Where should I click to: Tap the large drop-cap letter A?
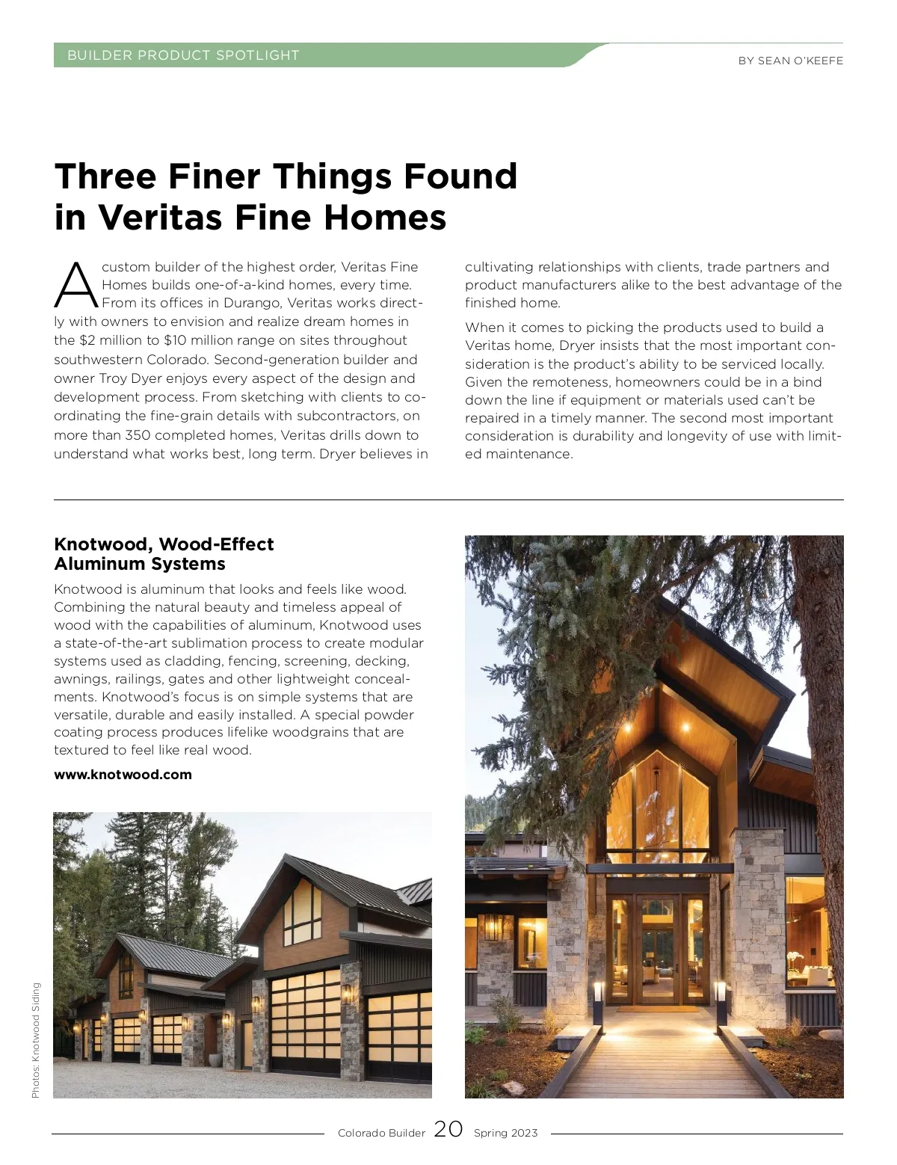pyautogui.click(x=75, y=286)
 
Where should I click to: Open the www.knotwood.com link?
pyautogui.click(x=123, y=775)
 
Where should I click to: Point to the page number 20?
pyautogui.click(x=449, y=1129)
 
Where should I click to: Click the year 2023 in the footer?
pyautogui.click(x=524, y=1133)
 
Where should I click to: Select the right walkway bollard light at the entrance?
pyautogui.click(x=721, y=1002)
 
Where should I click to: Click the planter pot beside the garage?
pyautogui.click(x=216, y=1058)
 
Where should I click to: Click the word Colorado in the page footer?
pyautogui.click(x=360, y=1133)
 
